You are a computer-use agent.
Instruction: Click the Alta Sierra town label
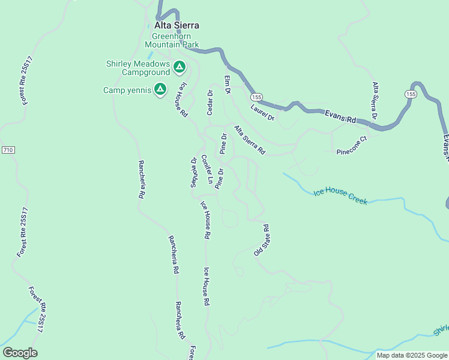[176, 25]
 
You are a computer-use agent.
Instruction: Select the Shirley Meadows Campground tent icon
[179, 67]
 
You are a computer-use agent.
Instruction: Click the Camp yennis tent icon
[160, 90]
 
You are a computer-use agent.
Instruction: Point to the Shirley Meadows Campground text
[137, 68]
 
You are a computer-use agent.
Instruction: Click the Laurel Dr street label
[262, 113]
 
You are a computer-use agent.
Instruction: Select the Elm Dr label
[228, 85]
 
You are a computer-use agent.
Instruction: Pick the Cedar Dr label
[210, 102]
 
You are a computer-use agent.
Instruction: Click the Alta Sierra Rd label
[249, 140]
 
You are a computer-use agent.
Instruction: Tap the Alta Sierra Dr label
[376, 100]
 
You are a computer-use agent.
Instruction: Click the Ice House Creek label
[340, 196]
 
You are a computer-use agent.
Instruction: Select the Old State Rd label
[262, 241]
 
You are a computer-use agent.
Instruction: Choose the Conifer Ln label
[207, 169]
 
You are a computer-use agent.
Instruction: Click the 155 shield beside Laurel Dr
[257, 97]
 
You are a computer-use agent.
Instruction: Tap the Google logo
[20, 353]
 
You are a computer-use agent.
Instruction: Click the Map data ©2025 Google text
[411, 355]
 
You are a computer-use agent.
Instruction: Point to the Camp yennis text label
[127, 91]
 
